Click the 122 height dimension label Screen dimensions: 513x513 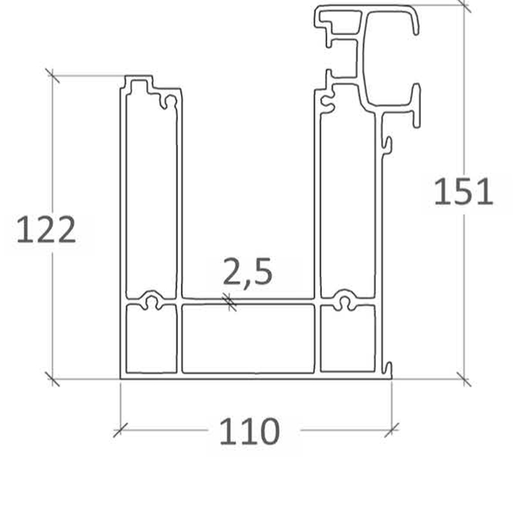coord(46,230)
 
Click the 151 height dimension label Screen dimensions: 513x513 coord(463,191)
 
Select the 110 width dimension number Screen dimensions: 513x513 coord(249,431)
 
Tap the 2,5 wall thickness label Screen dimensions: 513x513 coord(248,271)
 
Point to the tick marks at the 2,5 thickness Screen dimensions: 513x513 coord(230,302)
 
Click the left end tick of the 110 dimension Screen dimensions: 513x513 coord(121,430)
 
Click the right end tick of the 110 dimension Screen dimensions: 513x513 coord(392,430)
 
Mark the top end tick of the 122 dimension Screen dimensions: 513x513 coord(53,76)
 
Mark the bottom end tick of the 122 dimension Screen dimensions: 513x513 coord(53,379)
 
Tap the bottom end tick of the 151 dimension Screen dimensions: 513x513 coord(464,379)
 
